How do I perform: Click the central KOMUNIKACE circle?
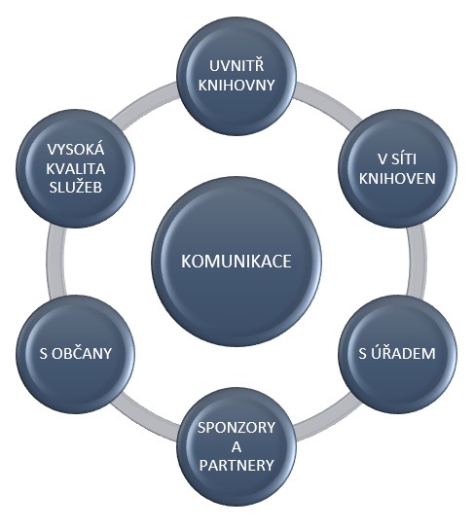237,262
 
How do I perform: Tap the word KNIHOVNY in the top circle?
237,85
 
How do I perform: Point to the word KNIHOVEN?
397,178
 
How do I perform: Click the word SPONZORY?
237,427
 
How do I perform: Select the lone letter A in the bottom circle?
237,447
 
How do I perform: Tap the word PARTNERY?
237,466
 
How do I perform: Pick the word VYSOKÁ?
76,149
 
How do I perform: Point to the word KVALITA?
76,168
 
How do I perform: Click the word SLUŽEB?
76,188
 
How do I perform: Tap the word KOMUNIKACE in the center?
236,262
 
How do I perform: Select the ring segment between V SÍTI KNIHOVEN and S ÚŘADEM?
416,262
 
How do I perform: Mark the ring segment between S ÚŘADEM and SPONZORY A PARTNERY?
328,423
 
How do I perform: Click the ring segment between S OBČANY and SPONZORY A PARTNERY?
146,423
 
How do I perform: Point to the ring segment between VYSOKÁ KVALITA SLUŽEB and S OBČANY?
55,262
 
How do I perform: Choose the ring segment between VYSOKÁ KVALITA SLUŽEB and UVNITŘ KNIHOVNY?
145,100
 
